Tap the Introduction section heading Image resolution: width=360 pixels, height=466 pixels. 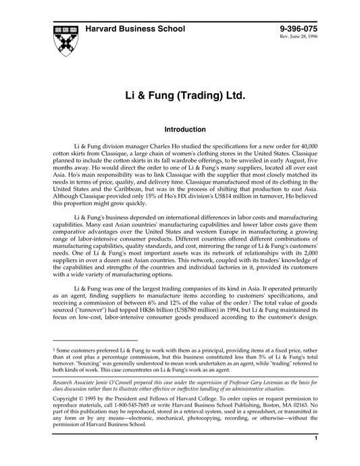tap(180, 129)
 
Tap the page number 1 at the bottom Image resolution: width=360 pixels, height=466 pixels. tap(317, 457)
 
